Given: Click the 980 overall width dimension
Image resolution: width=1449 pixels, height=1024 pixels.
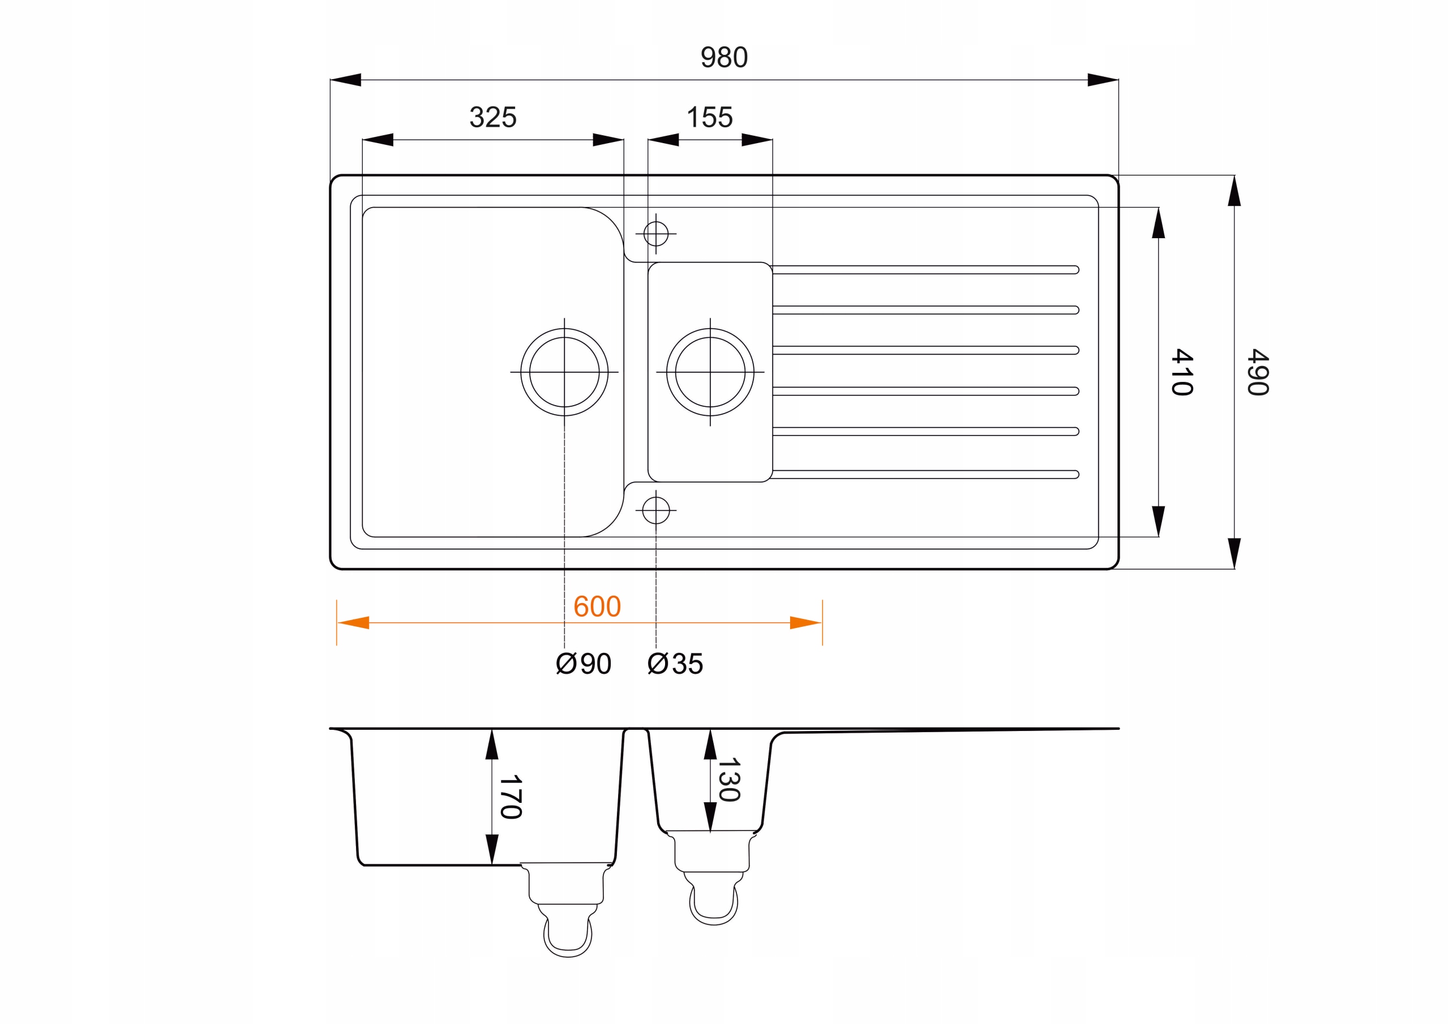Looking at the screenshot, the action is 724,57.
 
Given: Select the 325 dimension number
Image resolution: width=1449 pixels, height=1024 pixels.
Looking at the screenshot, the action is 493,117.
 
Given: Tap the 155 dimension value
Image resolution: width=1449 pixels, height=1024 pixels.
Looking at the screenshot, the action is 709,117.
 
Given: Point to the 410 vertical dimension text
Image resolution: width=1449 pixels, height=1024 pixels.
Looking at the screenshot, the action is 1182,372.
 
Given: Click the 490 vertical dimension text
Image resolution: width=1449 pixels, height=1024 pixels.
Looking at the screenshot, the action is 1258,372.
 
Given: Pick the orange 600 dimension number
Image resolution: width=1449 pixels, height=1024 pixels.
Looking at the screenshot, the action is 597,606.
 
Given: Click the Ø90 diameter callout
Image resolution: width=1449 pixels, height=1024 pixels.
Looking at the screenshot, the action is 584,664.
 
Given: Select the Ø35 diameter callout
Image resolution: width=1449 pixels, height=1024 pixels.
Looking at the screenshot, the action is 675,664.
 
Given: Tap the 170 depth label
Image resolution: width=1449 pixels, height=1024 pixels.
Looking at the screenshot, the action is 511,797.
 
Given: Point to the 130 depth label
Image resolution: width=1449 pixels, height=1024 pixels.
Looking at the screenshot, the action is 729,780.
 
